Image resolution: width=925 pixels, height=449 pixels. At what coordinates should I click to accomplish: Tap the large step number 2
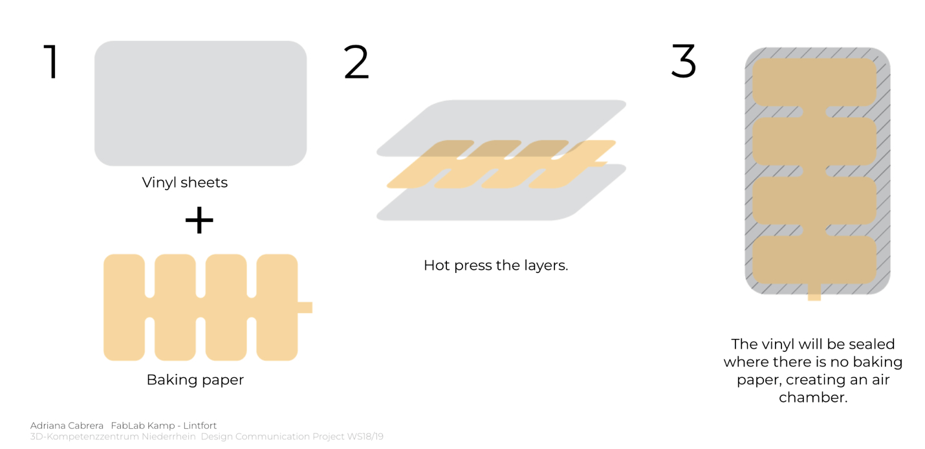point(356,61)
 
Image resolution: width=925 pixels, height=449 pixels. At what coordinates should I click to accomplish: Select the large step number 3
point(684,61)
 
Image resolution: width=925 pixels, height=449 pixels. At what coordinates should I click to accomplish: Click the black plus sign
point(199,220)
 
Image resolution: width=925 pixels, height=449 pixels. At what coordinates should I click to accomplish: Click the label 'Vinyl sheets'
point(184,182)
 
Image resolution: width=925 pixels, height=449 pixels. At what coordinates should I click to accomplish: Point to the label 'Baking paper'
point(195,380)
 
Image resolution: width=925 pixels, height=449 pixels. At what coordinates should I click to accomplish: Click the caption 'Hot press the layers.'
point(495,265)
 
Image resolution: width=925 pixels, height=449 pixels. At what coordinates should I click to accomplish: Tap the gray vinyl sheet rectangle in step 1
point(201,104)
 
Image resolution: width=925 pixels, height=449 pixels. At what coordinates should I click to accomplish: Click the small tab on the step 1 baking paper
point(305,307)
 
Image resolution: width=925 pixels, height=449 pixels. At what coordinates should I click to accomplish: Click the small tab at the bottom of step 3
point(814,292)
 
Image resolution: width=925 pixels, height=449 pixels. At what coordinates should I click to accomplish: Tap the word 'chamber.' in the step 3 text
point(813,397)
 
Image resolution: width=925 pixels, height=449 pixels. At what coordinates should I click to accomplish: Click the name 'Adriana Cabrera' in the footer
point(67,426)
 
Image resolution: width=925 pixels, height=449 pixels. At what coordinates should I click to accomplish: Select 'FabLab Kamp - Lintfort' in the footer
point(164,426)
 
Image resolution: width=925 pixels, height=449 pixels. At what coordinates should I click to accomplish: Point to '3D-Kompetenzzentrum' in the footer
point(85,437)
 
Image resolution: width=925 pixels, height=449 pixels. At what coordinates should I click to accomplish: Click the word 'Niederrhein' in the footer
point(168,437)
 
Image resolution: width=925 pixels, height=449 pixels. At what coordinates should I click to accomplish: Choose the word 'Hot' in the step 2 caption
point(437,265)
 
